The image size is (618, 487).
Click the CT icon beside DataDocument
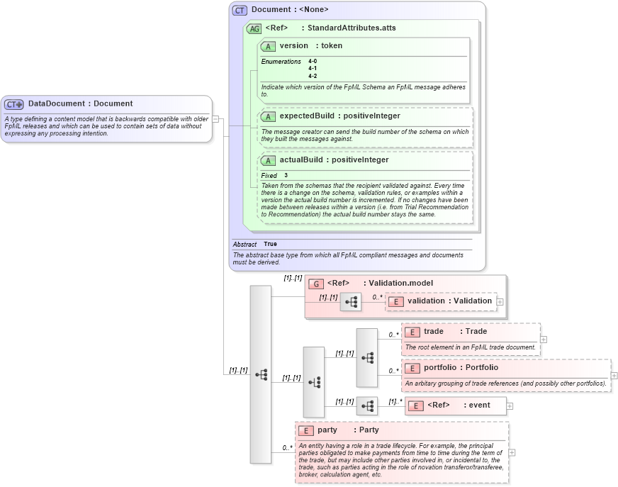point(14,104)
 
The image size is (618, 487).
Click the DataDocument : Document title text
point(80,104)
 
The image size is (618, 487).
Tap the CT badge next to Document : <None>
point(240,10)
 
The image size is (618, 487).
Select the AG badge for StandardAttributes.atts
point(254,28)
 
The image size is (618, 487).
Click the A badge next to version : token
point(268,46)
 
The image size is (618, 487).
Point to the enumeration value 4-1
point(313,69)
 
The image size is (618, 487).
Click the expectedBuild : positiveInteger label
point(339,116)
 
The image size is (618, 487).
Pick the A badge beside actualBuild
point(268,160)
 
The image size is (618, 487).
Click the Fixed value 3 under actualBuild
point(286,175)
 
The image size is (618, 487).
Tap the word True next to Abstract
point(270,244)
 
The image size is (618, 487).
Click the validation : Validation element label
point(449,301)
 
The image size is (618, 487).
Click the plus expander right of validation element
point(500,301)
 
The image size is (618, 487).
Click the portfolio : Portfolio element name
point(461,368)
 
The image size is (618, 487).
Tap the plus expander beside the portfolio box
point(614,376)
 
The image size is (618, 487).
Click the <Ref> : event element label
point(459,405)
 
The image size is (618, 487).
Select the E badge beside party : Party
point(305,430)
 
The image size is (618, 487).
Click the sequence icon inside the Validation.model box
point(351,301)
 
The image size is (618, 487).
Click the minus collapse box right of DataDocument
point(215,119)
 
